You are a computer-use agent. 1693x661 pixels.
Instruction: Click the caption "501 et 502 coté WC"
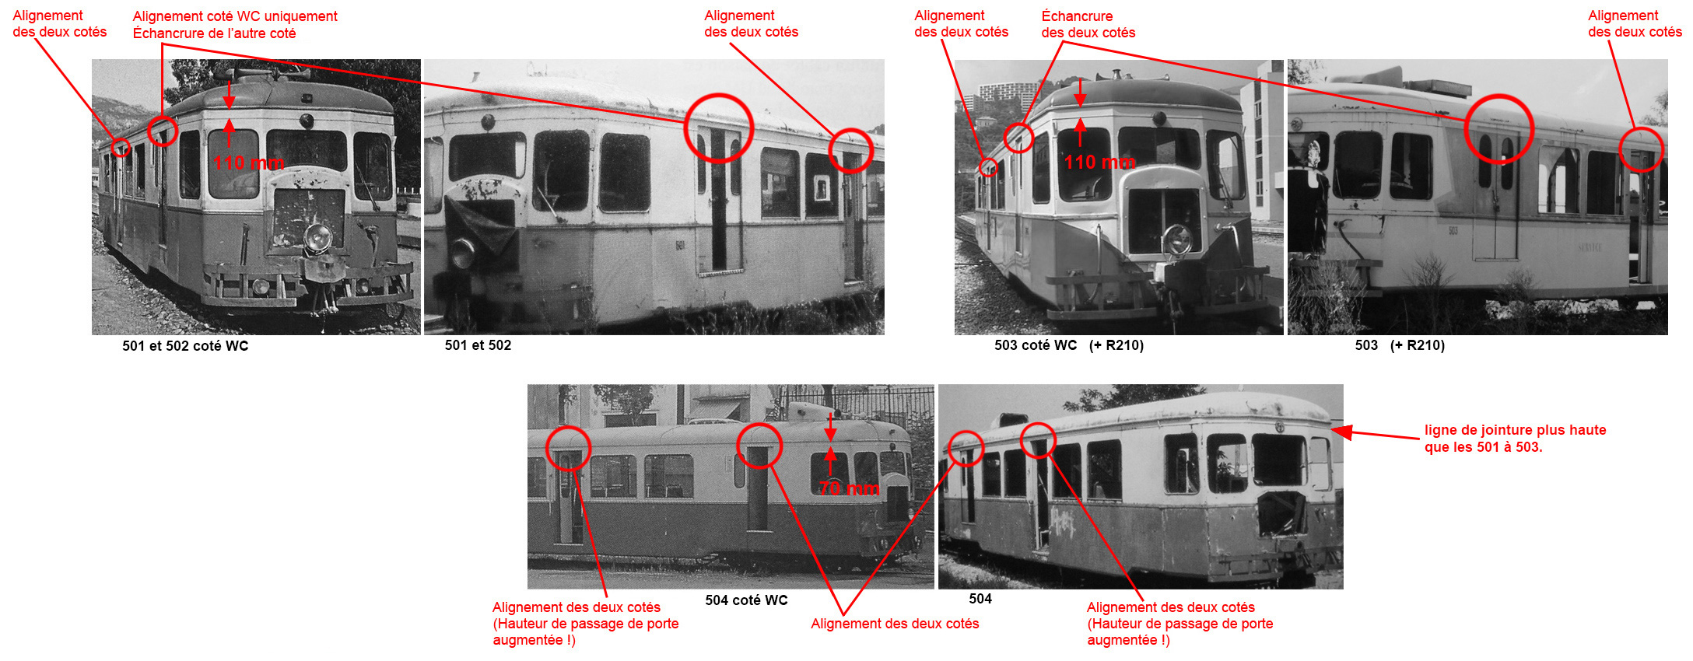click(x=185, y=346)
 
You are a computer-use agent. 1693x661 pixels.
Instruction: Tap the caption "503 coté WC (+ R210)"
click(x=1068, y=345)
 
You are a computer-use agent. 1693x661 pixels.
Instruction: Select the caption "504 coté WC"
click(x=746, y=600)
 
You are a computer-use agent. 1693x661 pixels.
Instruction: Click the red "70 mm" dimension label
click(x=849, y=488)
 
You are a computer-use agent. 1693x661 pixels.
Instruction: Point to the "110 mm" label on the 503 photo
click(x=1099, y=162)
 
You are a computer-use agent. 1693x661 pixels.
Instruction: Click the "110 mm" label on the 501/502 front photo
click(x=249, y=163)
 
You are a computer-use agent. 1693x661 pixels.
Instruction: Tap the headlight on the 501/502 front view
click(x=317, y=237)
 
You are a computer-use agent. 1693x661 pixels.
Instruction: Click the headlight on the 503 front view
click(x=1178, y=239)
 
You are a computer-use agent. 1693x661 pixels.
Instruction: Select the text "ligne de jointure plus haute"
click(x=1515, y=430)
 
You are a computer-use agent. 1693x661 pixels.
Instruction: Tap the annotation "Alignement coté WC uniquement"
click(x=235, y=16)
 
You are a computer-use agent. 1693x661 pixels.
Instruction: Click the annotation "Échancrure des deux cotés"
click(x=1088, y=24)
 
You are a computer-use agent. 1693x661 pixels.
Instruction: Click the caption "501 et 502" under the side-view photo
click(x=478, y=345)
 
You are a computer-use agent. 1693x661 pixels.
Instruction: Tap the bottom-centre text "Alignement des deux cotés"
click(x=895, y=624)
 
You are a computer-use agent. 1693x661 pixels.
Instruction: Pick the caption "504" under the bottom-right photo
click(x=980, y=599)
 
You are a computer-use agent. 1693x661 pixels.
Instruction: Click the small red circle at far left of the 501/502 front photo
click(x=120, y=147)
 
